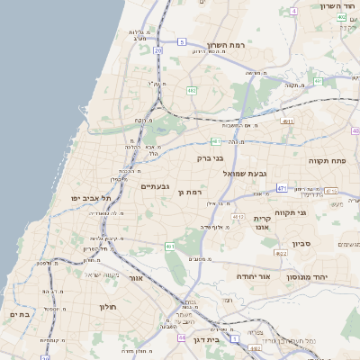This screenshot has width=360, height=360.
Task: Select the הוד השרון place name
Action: (x=339, y=6)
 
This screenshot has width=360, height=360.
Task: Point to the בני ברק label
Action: (x=211, y=158)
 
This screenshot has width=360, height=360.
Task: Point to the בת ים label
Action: (x=20, y=314)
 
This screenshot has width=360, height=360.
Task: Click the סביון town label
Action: (x=301, y=243)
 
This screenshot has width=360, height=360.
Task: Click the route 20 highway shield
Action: (x=157, y=50)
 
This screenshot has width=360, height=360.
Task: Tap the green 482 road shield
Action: (x=192, y=90)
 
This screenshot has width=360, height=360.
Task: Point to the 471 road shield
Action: (x=282, y=188)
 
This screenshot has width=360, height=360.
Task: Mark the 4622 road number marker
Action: (x=281, y=254)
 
